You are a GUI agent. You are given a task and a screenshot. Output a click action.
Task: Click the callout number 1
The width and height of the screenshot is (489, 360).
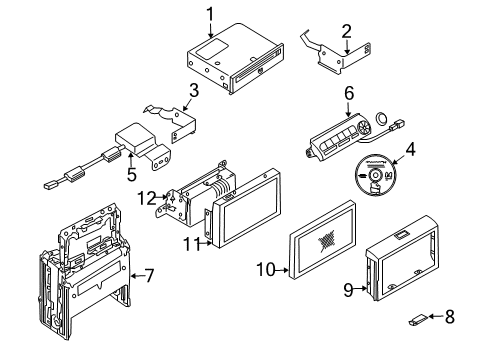pos(211,13)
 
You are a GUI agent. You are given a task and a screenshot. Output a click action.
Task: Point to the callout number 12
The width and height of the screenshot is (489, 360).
pos(144,198)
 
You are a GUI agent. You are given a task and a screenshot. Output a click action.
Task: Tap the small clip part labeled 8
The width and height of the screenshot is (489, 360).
pos(417,321)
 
